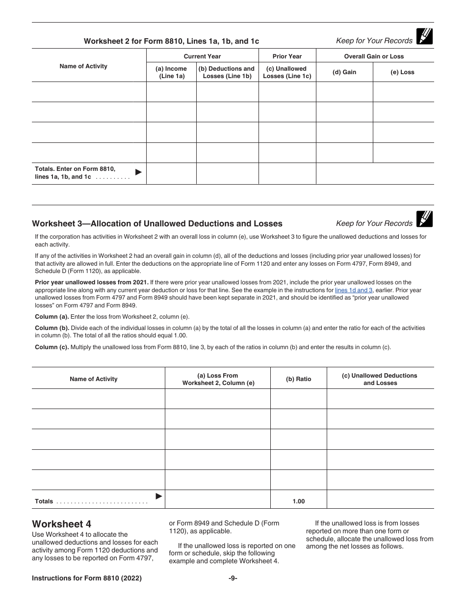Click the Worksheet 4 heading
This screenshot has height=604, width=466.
point(61,523)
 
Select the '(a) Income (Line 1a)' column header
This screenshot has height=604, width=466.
point(171,72)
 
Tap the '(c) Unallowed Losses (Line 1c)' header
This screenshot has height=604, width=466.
point(287,72)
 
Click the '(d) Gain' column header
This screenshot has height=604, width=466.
point(344,72)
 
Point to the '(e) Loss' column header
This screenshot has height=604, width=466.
point(402,72)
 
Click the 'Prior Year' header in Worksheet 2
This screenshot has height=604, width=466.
point(287,56)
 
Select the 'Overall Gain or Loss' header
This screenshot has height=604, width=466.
point(374,56)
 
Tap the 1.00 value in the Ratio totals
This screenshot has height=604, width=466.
point(298,501)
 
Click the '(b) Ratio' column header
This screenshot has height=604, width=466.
point(298,379)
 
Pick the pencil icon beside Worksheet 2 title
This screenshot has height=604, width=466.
point(424,37)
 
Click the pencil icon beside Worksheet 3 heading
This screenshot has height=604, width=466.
point(424,219)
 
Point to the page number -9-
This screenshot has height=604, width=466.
point(233,578)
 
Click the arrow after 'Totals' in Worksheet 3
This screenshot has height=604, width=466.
point(158,496)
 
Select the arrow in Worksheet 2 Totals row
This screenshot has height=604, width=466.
point(138,172)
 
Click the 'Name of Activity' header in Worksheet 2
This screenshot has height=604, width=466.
point(83,66)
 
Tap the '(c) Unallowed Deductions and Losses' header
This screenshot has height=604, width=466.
point(380,379)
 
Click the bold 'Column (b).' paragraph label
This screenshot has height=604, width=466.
point(52,328)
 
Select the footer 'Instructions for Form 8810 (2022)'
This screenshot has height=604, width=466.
point(87,578)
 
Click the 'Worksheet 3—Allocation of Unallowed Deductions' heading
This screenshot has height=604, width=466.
point(157,224)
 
